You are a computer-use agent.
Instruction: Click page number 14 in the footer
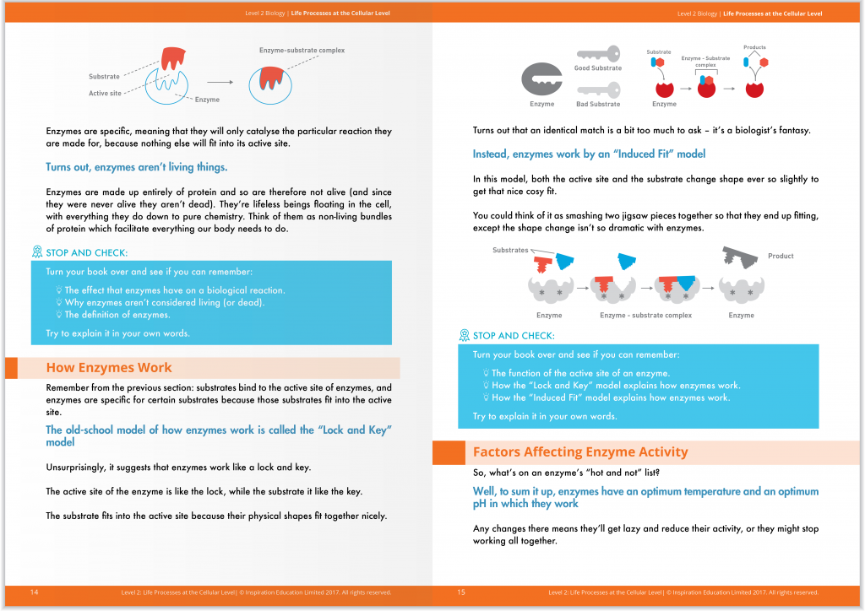click(x=34, y=592)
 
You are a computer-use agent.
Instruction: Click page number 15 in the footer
click(x=461, y=592)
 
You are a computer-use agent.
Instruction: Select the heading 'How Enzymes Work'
click(x=109, y=368)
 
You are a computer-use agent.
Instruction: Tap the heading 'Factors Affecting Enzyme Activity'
click(x=580, y=452)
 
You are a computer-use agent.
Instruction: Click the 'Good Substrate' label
click(x=598, y=68)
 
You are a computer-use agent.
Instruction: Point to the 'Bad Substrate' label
click(x=598, y=104)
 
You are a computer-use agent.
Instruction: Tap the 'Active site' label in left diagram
click(x=105, y=94)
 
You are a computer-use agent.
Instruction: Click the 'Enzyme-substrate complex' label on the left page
click(x=302, y=51)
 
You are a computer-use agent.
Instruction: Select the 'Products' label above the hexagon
click(x=754, y=47)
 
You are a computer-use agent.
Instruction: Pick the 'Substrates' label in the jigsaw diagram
click(x=510, y=251)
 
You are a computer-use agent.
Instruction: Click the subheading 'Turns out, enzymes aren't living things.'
click(x=136, y=168)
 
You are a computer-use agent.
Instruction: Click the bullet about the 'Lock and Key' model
click(x=615, y=385)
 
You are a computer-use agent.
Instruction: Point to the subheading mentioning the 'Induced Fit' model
click(x=589, y=154)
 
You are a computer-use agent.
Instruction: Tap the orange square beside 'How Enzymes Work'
click(x=11, y=368)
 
